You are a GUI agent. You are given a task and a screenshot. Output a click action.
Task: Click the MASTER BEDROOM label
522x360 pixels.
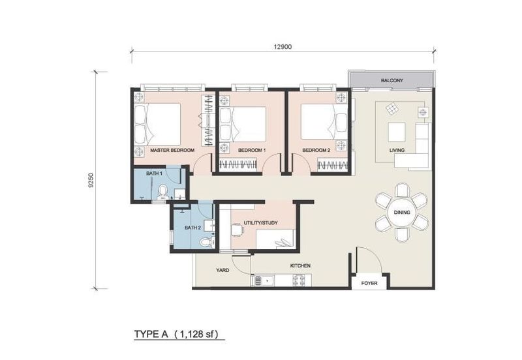coord(172,150)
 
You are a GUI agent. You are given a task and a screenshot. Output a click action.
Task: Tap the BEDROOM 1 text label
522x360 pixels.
coord(251,150)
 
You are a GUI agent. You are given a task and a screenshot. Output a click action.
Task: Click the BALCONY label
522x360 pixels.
coord(392,80)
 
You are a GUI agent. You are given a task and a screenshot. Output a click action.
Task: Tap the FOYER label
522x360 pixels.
coord(369,284)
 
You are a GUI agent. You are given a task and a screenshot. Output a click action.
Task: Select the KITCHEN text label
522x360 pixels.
coord(300,265)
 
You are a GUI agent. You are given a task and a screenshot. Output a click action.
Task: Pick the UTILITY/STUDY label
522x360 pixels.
coord(260,223)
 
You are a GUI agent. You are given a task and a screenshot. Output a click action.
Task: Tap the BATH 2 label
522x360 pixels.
coord(192,228)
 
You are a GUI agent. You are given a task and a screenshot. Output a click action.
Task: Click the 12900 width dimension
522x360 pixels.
coord(283,45)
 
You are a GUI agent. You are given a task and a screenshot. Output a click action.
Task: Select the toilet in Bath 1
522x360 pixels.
coord(162,190)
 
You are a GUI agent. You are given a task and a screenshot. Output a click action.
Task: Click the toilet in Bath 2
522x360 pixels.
coord(206,241)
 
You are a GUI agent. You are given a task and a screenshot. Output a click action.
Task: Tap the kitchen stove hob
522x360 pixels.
coord(299,281)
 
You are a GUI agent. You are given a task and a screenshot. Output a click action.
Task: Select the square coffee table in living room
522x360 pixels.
coord(397,132)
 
